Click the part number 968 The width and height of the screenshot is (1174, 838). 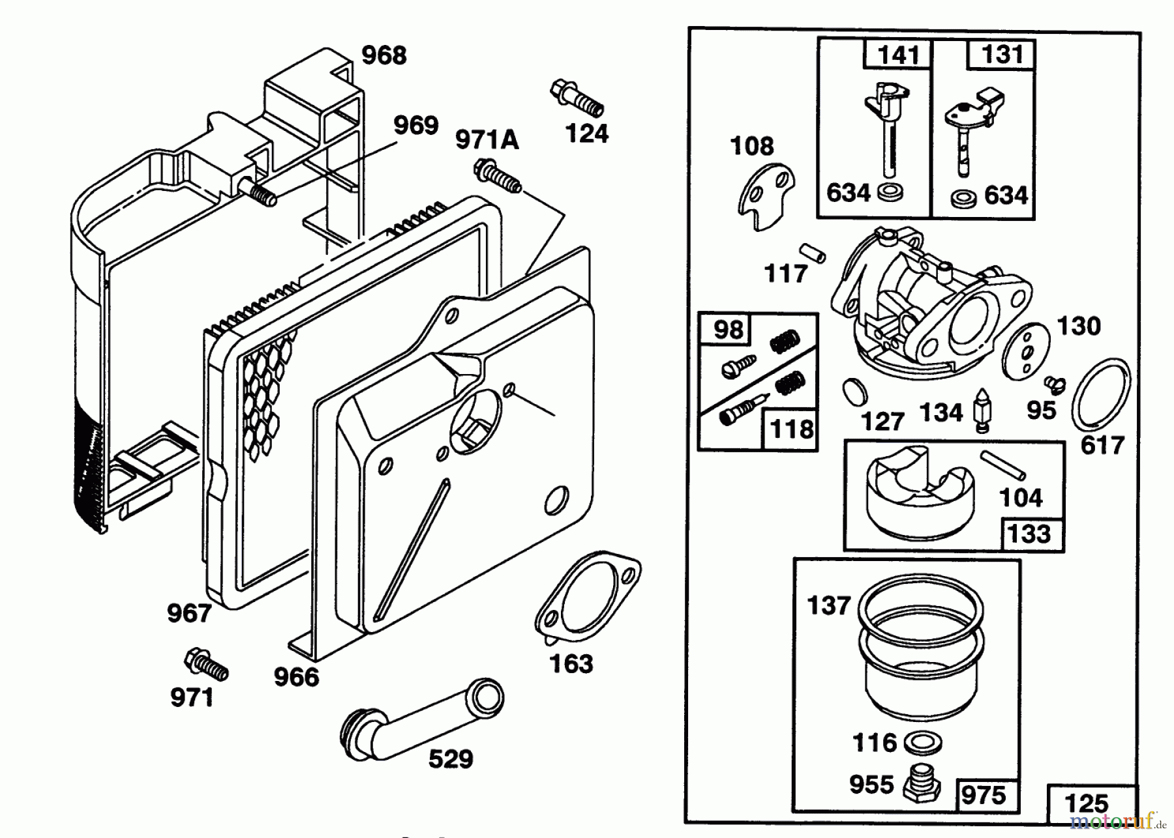click(384, 56)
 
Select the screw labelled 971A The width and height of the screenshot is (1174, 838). click(498, 176)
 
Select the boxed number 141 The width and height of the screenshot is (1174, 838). click(898, 55)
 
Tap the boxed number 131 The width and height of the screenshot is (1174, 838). click(1001, 55)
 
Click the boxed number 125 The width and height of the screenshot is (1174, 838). click(1087, 803)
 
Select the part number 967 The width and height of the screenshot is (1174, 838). click(189, 613)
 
